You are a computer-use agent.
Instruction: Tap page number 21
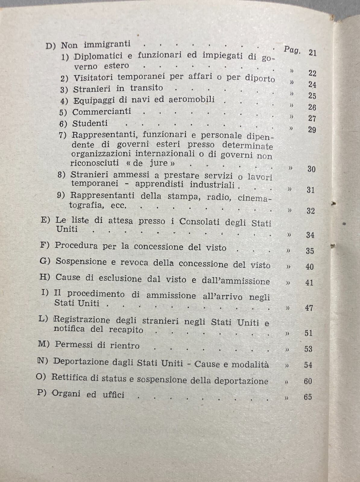coord(313,53)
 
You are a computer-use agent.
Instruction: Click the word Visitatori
coord(93,77)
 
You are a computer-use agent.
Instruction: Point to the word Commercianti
coord(102,112)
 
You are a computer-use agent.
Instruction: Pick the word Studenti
coord(90,123)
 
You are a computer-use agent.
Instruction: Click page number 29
coord(312,130)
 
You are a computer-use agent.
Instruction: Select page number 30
coord(311,169)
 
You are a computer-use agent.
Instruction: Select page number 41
coord(309,282)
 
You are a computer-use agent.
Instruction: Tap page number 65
coord(308,397)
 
